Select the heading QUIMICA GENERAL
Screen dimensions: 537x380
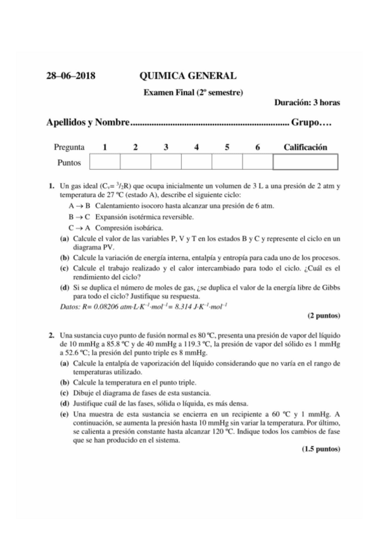click(x=188, y=77)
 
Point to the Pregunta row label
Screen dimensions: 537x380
click(x=69, y=148)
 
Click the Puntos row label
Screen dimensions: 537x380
click(x=69, y=163)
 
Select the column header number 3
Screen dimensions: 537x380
click(x=166, y=148)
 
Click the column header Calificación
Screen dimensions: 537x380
click(x=305, y=148)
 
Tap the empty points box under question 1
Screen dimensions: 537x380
click(x=104, y=163)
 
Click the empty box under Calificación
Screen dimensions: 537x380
click(x=305, y=163)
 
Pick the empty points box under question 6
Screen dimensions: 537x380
click(x=257, y=163)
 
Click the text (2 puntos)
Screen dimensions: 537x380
click(x=324, y=315)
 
